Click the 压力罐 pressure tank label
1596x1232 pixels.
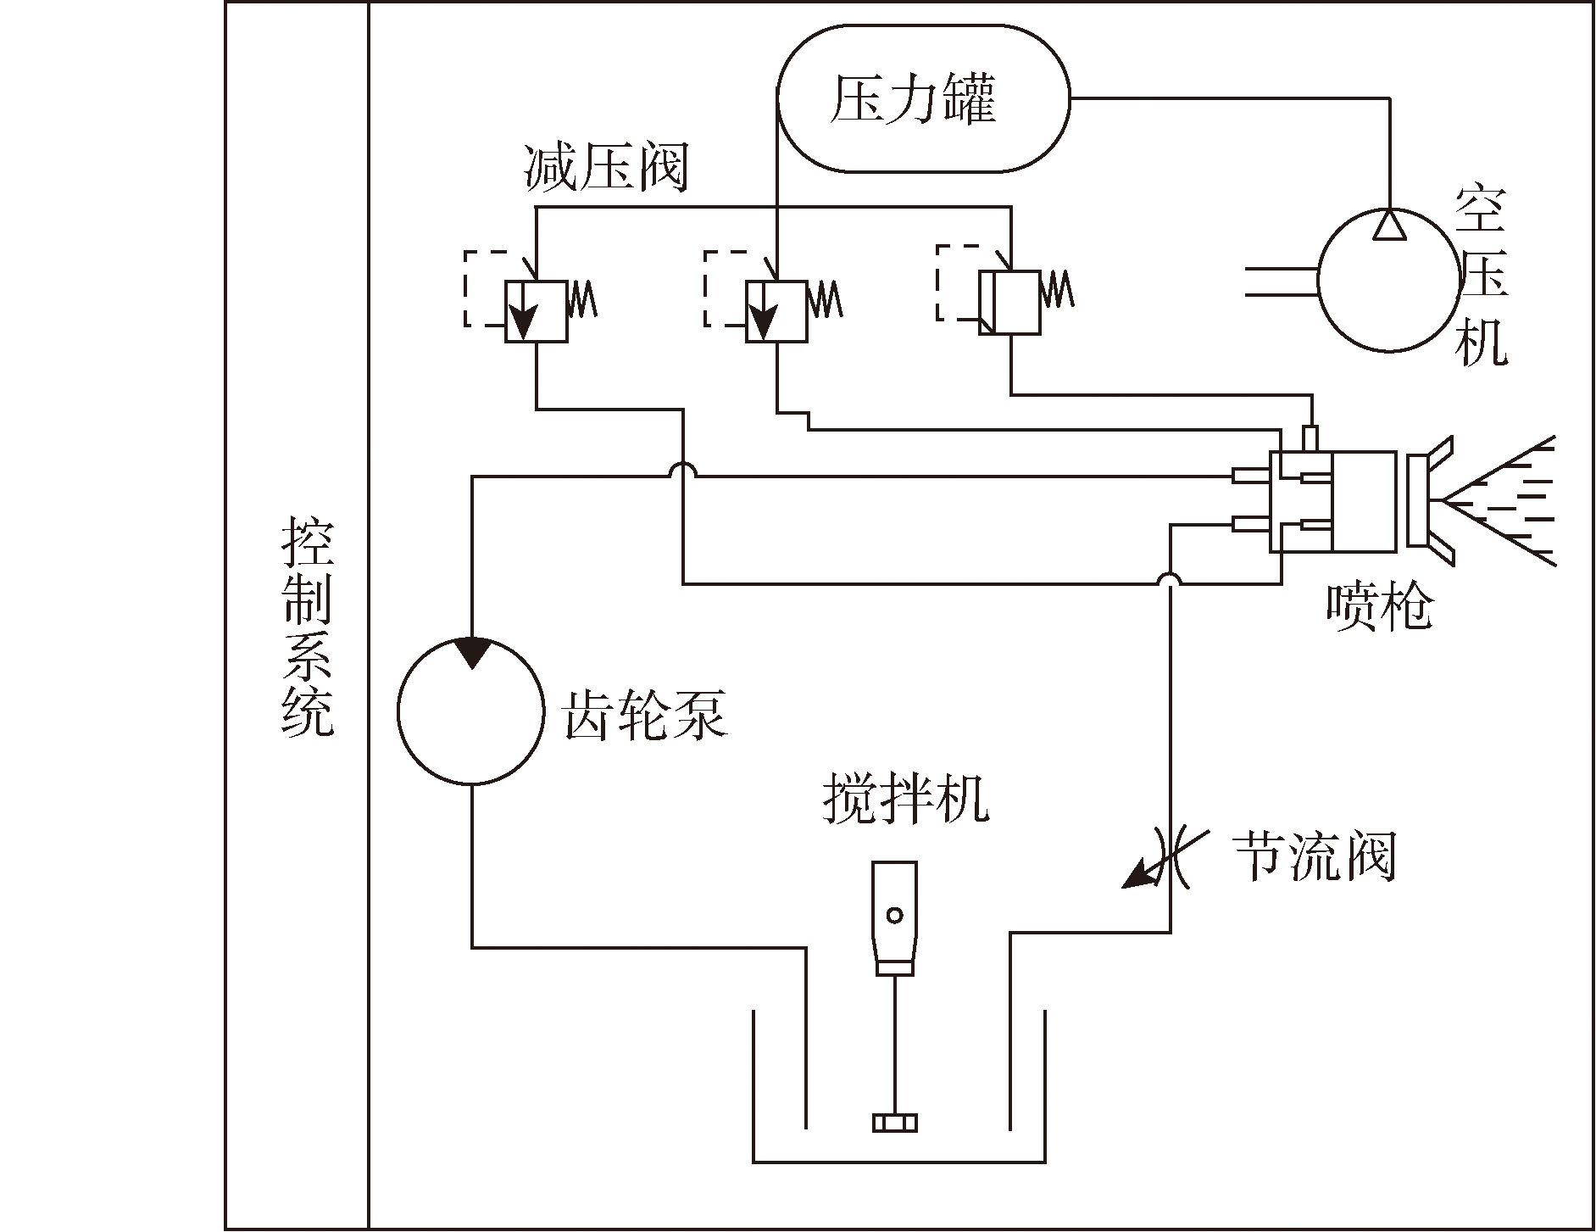[x=913, y=100]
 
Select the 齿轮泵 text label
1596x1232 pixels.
[x=645, y=715]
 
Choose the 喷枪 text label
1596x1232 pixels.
[x=1379, y=606]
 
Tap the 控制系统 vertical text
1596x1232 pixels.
[x=307, y=627]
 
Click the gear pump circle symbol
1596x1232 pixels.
[x=471, y=712]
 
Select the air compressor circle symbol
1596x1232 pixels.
[x=1389, y=282]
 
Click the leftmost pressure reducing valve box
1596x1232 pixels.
[x=536, y=311]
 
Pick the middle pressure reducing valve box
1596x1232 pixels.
[x=776, y=311]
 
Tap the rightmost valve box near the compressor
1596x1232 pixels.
[x=1009, y=303]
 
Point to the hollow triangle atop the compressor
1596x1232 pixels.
[x=1389, y=225]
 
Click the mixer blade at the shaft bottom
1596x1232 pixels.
[x=895, y=1123]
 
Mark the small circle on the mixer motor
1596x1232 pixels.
[x=895, y=915]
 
